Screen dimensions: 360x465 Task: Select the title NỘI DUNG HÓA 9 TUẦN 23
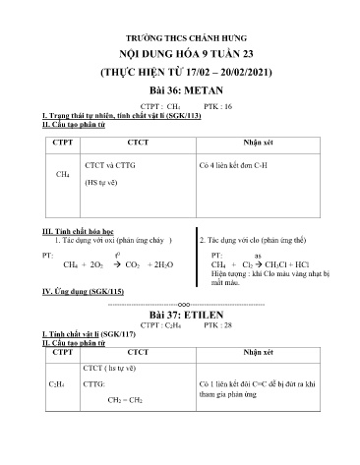tap(180, 52)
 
